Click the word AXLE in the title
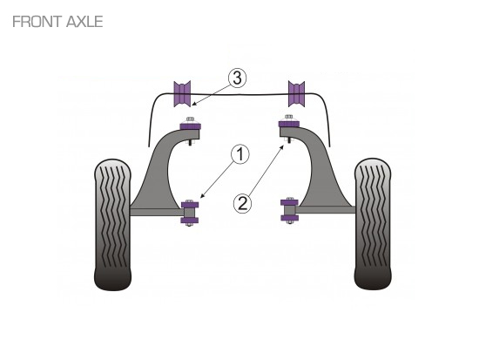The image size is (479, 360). [x=84, y=22]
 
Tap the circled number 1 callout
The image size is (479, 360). [x=240, y=154]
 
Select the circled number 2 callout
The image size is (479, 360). [x=243, y=203]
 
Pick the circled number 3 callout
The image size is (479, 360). [x=237, y=78]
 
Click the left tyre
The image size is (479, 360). [x=112, y=225]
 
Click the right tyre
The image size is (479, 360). [x=373, y=224]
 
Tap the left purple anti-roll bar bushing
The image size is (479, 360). [x=182, y=94]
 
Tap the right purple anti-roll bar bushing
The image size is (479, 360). [x=296, y=94]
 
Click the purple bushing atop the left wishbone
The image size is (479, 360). [x=191, y=126]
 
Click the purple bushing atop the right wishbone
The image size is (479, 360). [x=288, y=124]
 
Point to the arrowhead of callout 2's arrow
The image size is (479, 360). [x=283, y=146]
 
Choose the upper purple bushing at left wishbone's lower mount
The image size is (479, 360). [x=190, y=205]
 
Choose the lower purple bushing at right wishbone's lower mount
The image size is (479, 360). [x=289, y=218]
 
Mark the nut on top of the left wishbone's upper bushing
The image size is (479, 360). [x=190, y=119]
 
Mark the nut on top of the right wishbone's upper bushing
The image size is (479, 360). [x=288, y=118]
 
